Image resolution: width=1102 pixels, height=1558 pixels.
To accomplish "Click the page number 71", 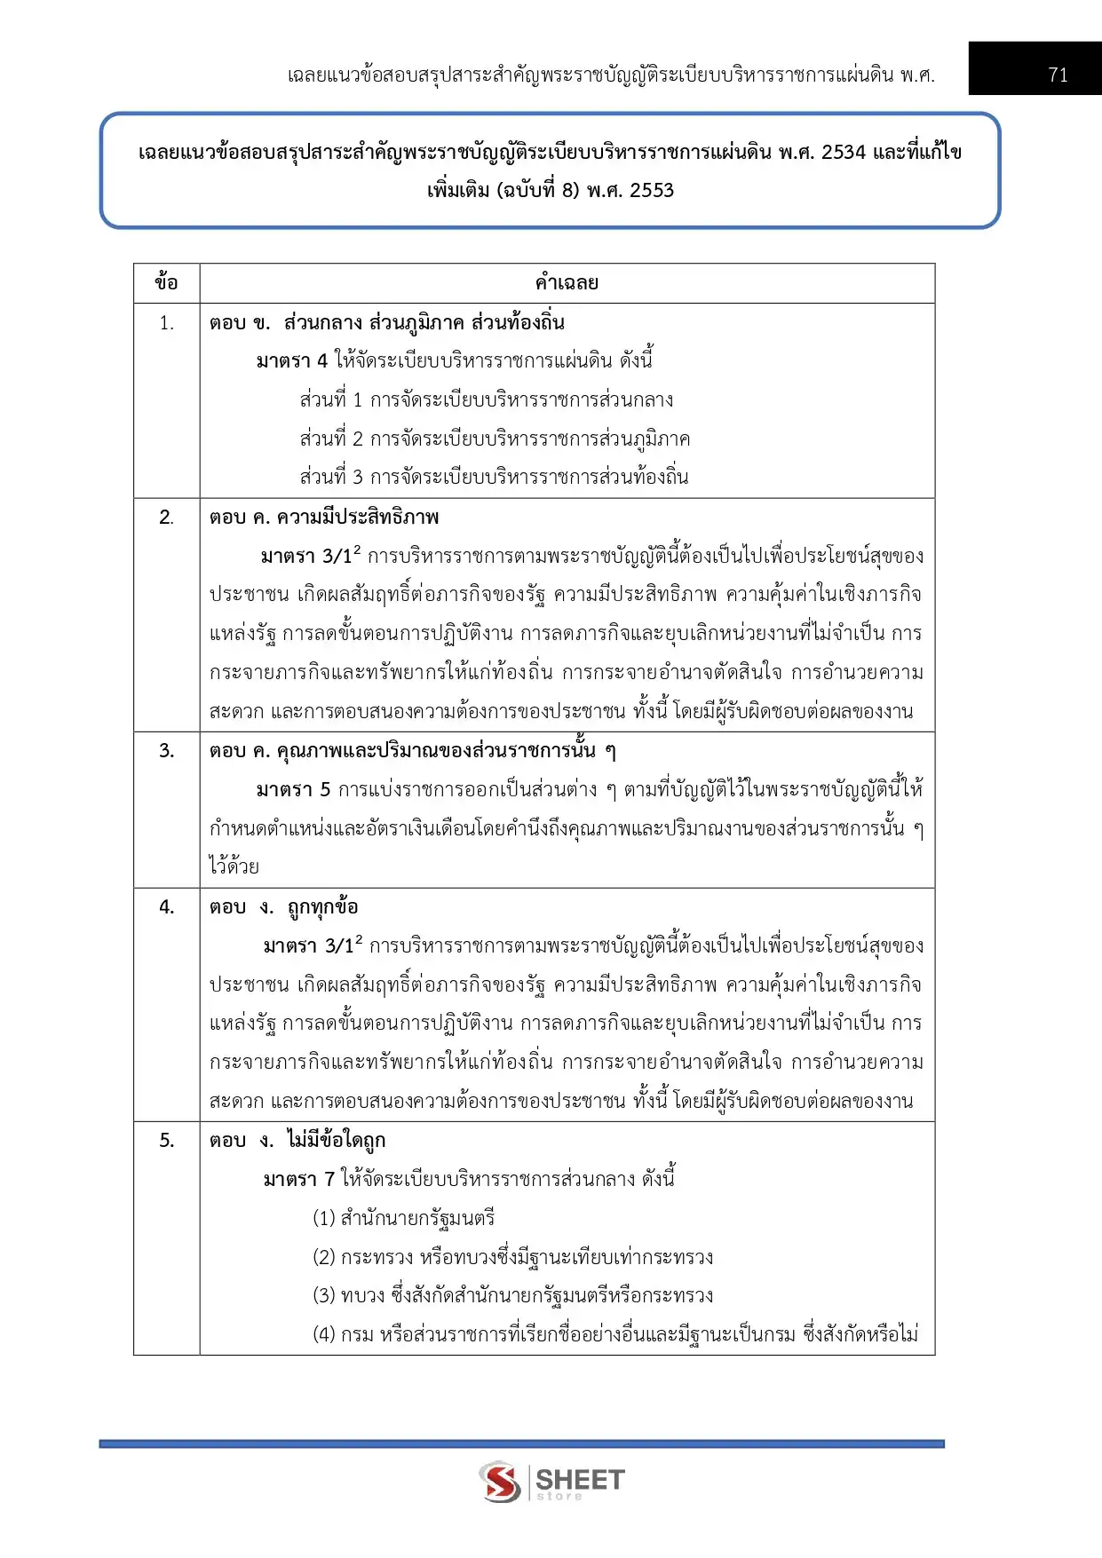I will point(1057,75).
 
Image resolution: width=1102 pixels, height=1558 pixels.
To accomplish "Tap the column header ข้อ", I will point(166,283).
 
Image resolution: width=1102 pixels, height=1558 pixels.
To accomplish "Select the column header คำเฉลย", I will point(567,283).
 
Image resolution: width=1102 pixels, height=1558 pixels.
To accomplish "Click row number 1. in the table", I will point(166,323).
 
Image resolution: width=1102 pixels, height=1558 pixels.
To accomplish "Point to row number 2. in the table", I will point(166,518).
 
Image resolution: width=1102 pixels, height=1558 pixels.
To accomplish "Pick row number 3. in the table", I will point(166,751).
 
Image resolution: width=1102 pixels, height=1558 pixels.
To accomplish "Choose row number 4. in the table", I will point(166,907).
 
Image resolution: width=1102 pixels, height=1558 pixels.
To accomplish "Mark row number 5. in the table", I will point(166,1141).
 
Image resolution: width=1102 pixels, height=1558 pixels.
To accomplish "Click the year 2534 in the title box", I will point(843,153).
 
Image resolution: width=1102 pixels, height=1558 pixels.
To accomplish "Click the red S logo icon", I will point(501,1481).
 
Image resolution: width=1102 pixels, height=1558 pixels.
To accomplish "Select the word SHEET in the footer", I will point(580,1479).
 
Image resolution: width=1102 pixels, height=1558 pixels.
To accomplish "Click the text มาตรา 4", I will point(291,361).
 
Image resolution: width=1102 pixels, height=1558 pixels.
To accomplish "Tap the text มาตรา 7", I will point(298,1180).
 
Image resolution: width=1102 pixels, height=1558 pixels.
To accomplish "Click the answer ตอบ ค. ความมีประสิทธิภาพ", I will point(324,518).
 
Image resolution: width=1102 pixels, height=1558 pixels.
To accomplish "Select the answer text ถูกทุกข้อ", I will point(322,907).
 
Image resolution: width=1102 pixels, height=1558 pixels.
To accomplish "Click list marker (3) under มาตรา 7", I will point(323,1296).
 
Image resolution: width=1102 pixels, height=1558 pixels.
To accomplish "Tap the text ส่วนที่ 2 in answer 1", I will point(331,439).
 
